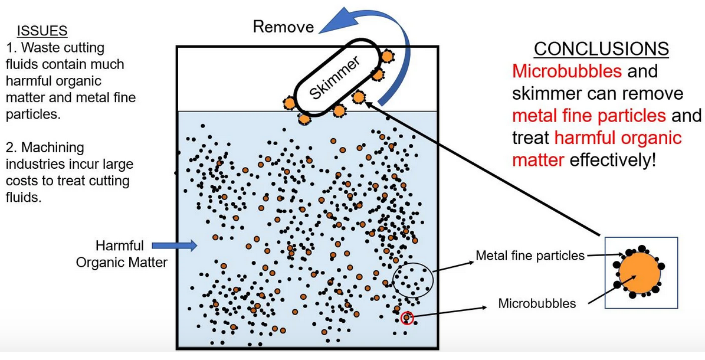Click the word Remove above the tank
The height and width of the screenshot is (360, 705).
[283, 27]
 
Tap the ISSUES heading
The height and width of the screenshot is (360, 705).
[42, 31]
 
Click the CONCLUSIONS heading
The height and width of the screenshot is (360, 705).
[601, 48]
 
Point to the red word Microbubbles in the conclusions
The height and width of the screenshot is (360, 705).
[567, 71]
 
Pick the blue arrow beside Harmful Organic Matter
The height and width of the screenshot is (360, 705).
[174, 245]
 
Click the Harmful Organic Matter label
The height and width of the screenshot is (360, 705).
[122, 254]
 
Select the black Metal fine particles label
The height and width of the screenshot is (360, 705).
[530, 256]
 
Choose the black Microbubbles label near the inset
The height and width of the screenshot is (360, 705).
[537, 304]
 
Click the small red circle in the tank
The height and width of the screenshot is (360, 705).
[406, 319]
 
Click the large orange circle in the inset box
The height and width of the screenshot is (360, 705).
[640, 274]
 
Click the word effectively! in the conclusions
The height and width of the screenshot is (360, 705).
[613, 161]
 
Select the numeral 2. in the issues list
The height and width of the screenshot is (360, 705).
[11, 148]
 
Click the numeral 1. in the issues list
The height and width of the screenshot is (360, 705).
[11, 47]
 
